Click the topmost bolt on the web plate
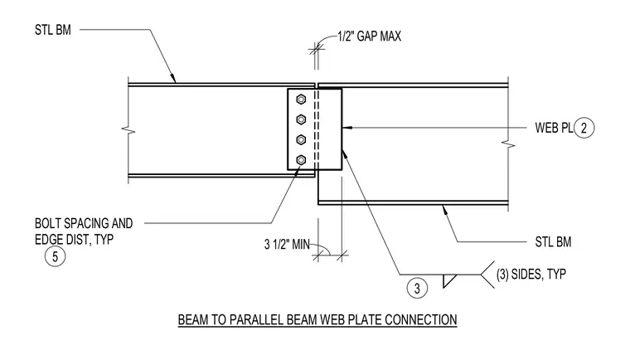click(301, 100)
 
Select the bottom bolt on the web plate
click(301, 160)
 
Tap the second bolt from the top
click(301, 119)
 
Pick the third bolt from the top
click(301, 139)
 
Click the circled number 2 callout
click(584, 128)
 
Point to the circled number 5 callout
click(55, 256)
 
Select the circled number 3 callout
click(417, 289)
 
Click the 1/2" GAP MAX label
click(369, 36)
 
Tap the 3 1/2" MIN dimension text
click(287, 244)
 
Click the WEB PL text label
click(554, 128)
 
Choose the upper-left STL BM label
click(52, 30)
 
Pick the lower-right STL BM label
click(553, 241)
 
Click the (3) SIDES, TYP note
click(531, 275)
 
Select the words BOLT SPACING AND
click(84, 223)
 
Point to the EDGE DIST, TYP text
click(74, 240)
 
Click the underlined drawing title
click(317, 320)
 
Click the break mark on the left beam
click(128, 130)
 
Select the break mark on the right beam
click(508, 144)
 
